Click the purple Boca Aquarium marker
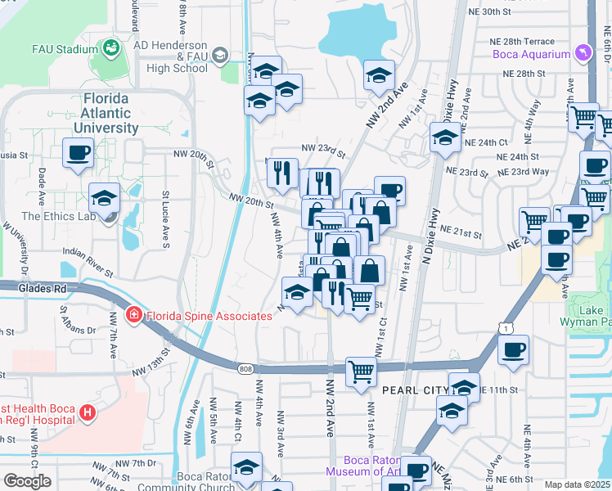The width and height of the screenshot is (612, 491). tap(583, 54)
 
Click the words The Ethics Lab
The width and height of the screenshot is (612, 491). tap(53, 217)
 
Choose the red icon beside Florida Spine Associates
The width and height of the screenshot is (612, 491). tap(132, 315)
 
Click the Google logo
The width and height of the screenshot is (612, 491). tap(27, 480)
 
